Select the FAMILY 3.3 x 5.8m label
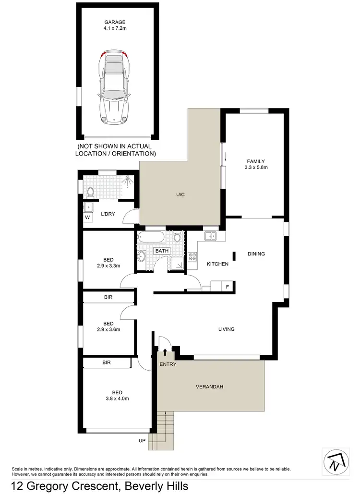(x=256, y=164)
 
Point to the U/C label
(x=180, y=194)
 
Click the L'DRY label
(x=108, y=214)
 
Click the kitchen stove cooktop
(x=192, y=257)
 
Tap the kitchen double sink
(x=211, y=236)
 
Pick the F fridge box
(x=228, y=287)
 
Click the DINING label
(x=256, y=254)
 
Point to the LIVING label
(x=226, y=329)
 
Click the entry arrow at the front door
(x=165, y=353)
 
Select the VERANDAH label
(x=210, y=387)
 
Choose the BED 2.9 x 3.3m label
(x=108, y=263)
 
